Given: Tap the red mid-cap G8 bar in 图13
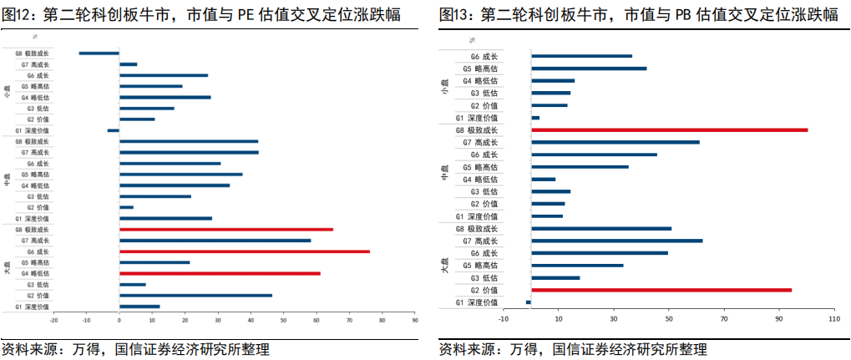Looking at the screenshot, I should pyautogui.click(x=669, y=130).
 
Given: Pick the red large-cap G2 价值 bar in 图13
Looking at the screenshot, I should pyautogui.click(x=661, y=290).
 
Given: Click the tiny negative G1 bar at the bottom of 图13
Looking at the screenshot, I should pyautogui.click(x=529, y=302).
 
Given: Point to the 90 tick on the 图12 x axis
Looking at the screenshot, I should pyautogui.click(x=414, y=320).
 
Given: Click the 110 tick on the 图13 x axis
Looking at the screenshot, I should pyautogui.click(x=832, y=319).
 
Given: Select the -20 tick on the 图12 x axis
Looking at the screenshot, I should pyautogui.click(x=54, y=320).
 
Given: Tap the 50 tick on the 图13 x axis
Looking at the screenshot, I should pyautogui.click(x=669, y=319).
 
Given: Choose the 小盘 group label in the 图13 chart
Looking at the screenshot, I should pyautogui.click(x=444, y=86).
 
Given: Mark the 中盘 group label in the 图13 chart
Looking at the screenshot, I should pyautogui.click(x=444, y=173).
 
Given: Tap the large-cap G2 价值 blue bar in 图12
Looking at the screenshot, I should pyautogui.click(x=195, y=296).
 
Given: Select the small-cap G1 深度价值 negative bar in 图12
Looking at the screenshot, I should pyautogui.click(x=114, y=130).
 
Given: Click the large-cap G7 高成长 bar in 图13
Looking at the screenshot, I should pyautogui.click(x=616, y=241).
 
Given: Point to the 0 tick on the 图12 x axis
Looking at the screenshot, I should pyautogui.click(x=119, y=320).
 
